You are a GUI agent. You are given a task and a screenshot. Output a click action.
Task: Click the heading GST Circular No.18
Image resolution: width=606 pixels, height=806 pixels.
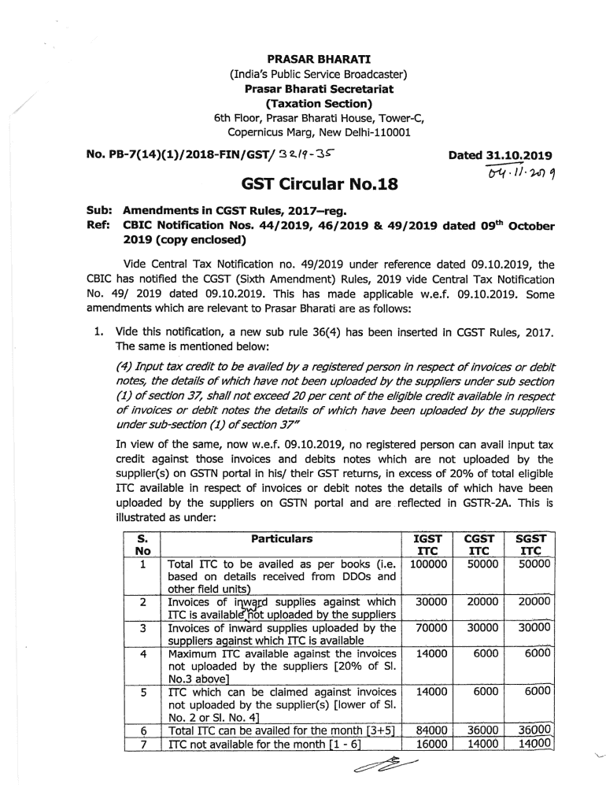tap(318, 186)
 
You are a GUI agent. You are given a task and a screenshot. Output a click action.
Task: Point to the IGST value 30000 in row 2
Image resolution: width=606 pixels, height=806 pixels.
tap(430, 601)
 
